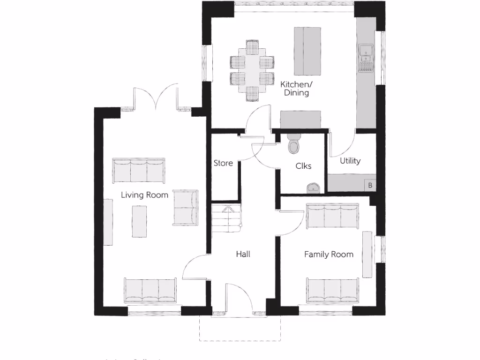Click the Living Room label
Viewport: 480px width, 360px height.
tap(144, 195)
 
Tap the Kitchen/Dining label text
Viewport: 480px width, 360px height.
tap(296, 89)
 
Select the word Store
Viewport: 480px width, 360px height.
tap(223, 163)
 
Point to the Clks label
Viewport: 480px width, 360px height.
tap(303, 166)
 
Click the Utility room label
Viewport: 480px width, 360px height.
tap(350, 161)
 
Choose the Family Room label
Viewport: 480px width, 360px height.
tap(329, 255)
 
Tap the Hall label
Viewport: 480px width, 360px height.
tap(243, 254)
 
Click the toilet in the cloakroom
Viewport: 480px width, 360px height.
tap(294, 143)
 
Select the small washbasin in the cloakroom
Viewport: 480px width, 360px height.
tap(314, 188)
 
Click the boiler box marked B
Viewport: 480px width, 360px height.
tap(370, 185)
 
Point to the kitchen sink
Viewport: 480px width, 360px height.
tap(366, 58)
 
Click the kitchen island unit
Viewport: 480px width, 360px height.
tap(307, 51)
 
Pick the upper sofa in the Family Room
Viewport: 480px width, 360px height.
tap(332, 217)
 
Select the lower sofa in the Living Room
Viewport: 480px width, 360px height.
tap(150, 290)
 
